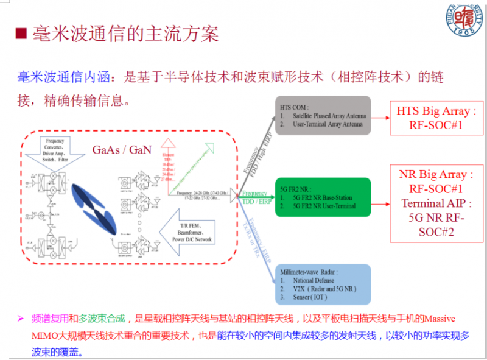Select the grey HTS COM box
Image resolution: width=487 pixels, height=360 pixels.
pyautogui.click(x=323, y=115)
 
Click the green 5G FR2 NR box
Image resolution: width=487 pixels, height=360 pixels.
pyautogui.click(x=323, y=197)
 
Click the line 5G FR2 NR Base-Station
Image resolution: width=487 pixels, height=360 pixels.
pyautogui.click(x=329, y=198)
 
